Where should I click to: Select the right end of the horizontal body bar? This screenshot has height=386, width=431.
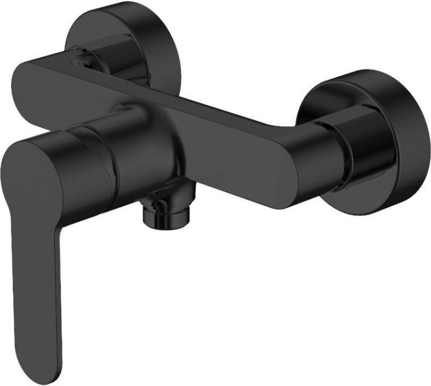pos(297,168)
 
